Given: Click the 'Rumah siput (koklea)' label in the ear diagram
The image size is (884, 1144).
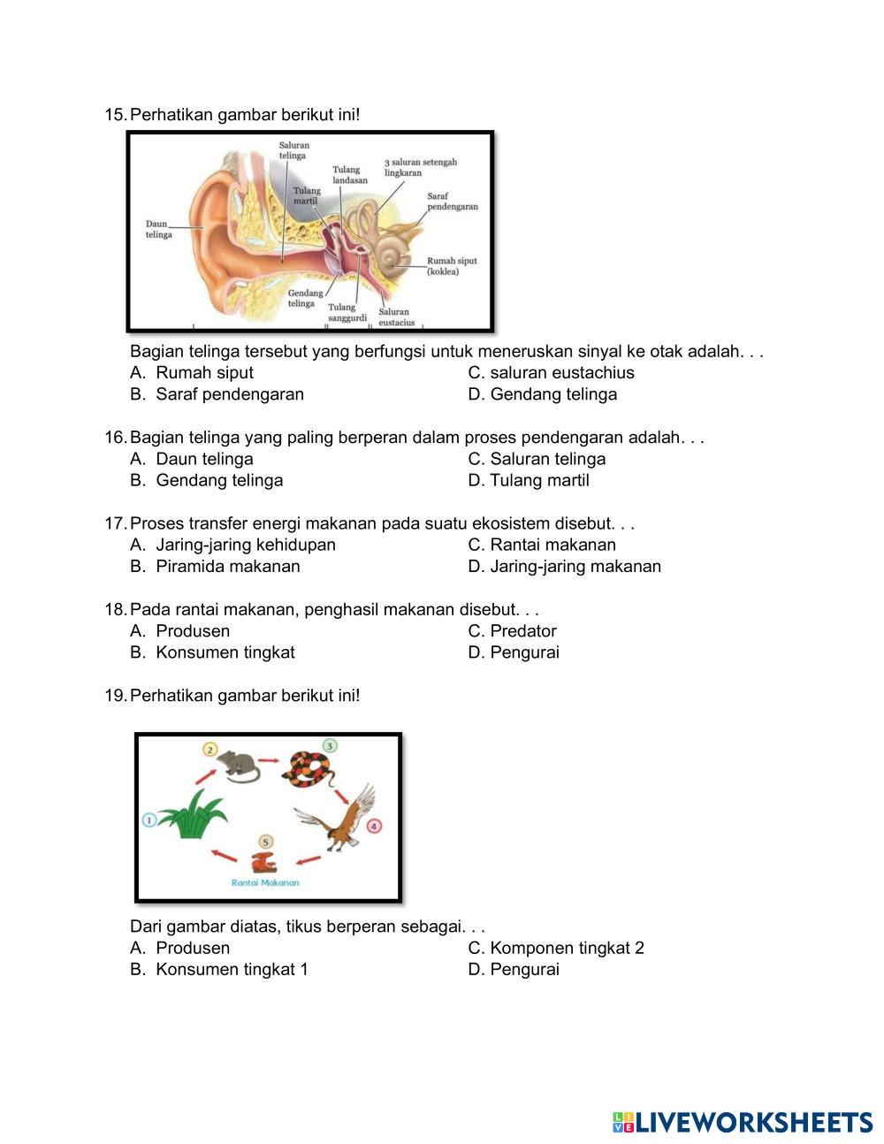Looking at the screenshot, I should pos(452,266).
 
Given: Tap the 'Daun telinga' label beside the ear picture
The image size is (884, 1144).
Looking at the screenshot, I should pos(158,230).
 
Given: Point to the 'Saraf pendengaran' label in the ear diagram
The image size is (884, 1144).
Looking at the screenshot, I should pos(453,201).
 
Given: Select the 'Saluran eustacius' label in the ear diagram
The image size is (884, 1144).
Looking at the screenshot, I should pos(396,317).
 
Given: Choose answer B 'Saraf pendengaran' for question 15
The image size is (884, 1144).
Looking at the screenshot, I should pos(229,394).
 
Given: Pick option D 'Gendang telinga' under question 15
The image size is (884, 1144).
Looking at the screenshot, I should pos(552,394).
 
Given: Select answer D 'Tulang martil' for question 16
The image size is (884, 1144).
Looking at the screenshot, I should pos(538,480).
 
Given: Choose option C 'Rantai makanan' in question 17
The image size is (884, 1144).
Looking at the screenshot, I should pos(552,545).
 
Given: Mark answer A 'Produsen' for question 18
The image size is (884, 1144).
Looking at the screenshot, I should pos(192,630).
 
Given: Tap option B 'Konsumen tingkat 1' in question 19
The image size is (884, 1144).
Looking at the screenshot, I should pos(232,969).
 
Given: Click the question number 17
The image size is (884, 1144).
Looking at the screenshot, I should pos(115,523).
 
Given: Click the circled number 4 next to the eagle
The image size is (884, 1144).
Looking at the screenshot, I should pos(374,826).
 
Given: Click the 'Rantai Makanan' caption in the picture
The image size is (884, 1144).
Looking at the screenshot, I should pos(265,882).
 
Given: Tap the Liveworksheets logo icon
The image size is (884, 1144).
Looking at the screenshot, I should pos(623,1123).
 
